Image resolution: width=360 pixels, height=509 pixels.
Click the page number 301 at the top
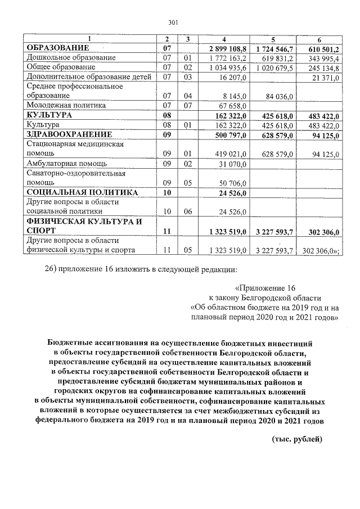click(173, 23)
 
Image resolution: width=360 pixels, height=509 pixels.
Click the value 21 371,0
click(326, 77)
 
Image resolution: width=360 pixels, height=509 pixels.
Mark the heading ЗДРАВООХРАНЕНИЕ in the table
click(70, 134)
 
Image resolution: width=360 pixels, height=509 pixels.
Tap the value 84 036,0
click(277, 96)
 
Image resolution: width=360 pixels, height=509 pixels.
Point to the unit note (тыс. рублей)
click(297, 438)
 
